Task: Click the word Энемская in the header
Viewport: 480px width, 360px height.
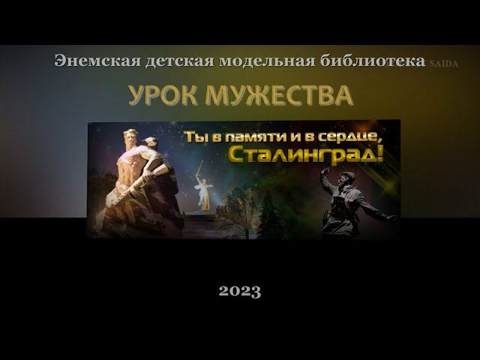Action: [x=97, y=61]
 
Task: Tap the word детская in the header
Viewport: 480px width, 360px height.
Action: [x=180, y=61]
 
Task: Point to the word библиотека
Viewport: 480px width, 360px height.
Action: [x=373, y=61]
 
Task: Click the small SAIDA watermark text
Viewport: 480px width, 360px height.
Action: [x=444, y=64]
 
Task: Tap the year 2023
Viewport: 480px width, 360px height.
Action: [x=240, y=291]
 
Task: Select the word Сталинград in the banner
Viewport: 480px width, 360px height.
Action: [x=302, y=155]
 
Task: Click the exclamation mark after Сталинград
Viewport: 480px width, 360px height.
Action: [x=380, y=154]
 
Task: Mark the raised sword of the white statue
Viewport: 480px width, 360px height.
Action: [x=199, y=167]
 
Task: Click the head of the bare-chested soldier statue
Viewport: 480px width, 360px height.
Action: [x=131, y=136]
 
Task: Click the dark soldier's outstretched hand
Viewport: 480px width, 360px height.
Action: [x=393, y=217]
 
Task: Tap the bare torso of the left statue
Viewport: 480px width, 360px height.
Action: [x=130, y=165]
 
